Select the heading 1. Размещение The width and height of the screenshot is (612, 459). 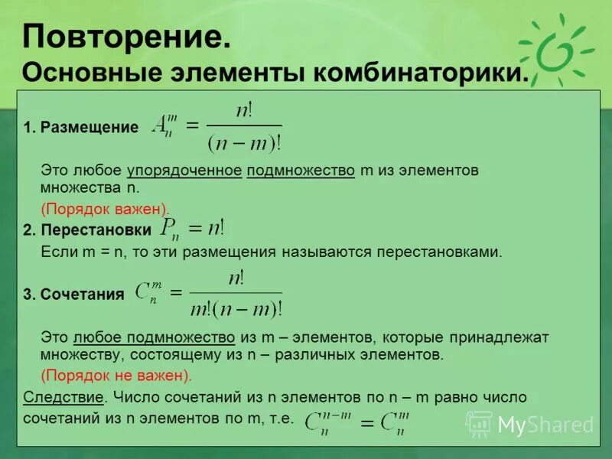pos(81,128)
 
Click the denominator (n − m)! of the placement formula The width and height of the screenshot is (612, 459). pos(244,142)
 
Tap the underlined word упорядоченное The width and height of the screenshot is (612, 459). pos(184,171)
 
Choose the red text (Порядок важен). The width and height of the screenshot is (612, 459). pos(105,208)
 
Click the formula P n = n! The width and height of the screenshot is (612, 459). pos(192,227)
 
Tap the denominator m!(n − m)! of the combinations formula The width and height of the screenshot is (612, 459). pos(236,308)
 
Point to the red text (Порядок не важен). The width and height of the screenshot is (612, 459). pos(116,376)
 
